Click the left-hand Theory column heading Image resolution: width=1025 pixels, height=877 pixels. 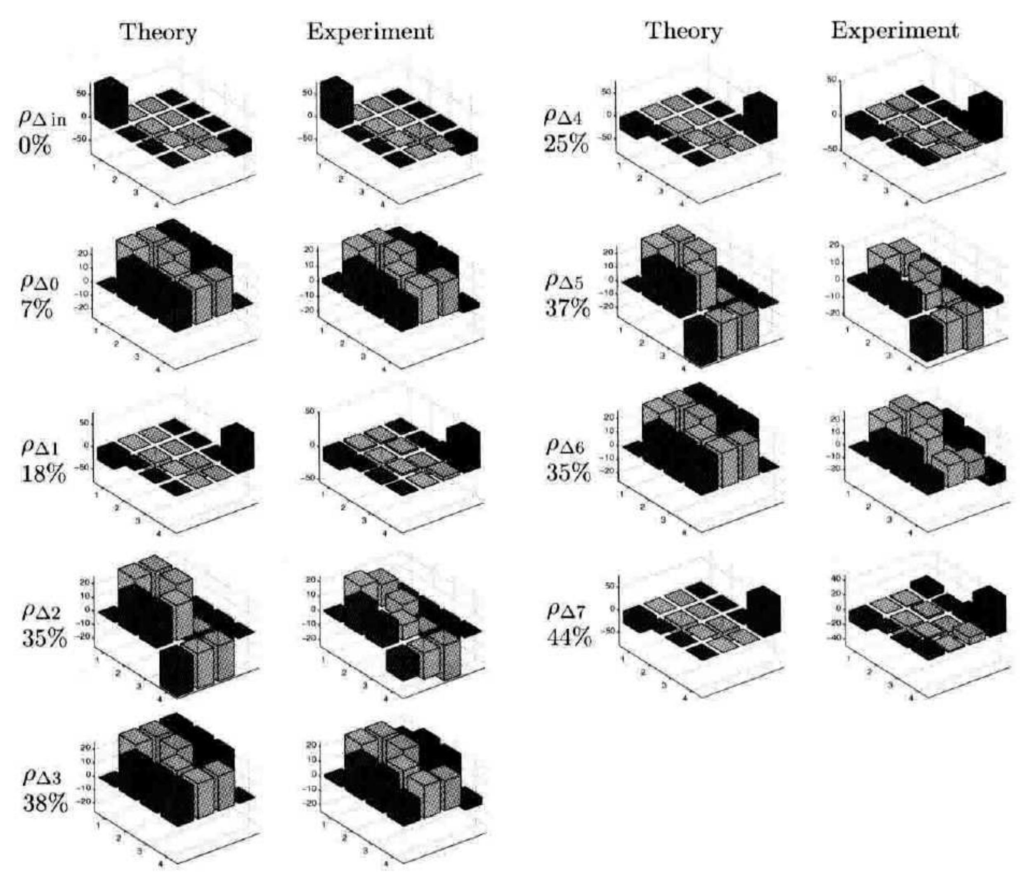click(159, 33)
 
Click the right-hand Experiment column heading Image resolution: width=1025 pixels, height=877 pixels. click(895, 31)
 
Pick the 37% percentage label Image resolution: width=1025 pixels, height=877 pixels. click(567, 309)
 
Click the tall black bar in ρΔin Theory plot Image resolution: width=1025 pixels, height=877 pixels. click(111, 102)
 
